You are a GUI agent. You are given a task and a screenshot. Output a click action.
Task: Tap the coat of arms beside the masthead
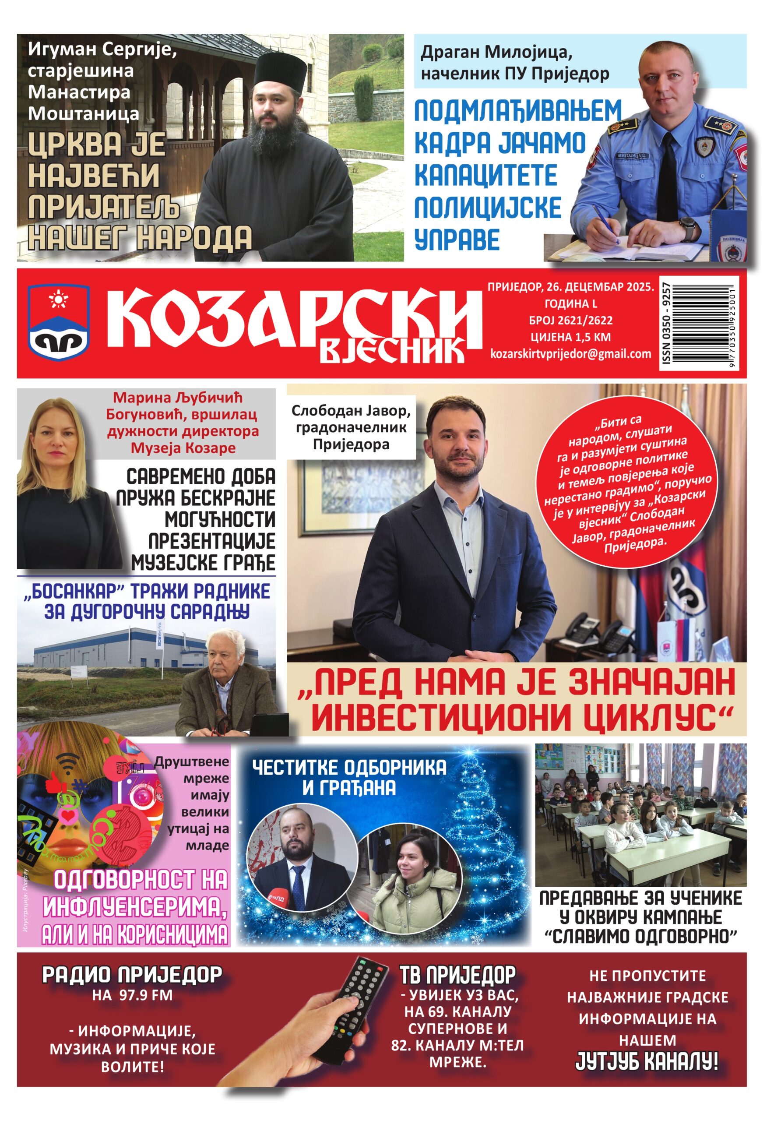(58, 322)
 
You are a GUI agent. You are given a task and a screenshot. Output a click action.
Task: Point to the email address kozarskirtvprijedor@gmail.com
(570, 354)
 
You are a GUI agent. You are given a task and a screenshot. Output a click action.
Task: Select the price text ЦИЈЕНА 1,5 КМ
(570, 337)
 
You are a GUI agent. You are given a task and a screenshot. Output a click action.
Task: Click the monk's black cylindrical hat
(282, 68)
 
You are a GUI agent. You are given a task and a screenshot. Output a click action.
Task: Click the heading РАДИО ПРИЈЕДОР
(132, 975)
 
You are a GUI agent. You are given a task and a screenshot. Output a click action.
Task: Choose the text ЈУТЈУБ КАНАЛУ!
(647, 1062)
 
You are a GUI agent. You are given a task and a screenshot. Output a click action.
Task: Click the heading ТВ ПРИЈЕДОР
(457, 975)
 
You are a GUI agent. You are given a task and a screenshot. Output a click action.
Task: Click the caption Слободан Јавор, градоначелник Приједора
(351, 427)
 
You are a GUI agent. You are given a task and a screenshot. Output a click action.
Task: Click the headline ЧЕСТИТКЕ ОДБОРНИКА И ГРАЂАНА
(349, 777)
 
